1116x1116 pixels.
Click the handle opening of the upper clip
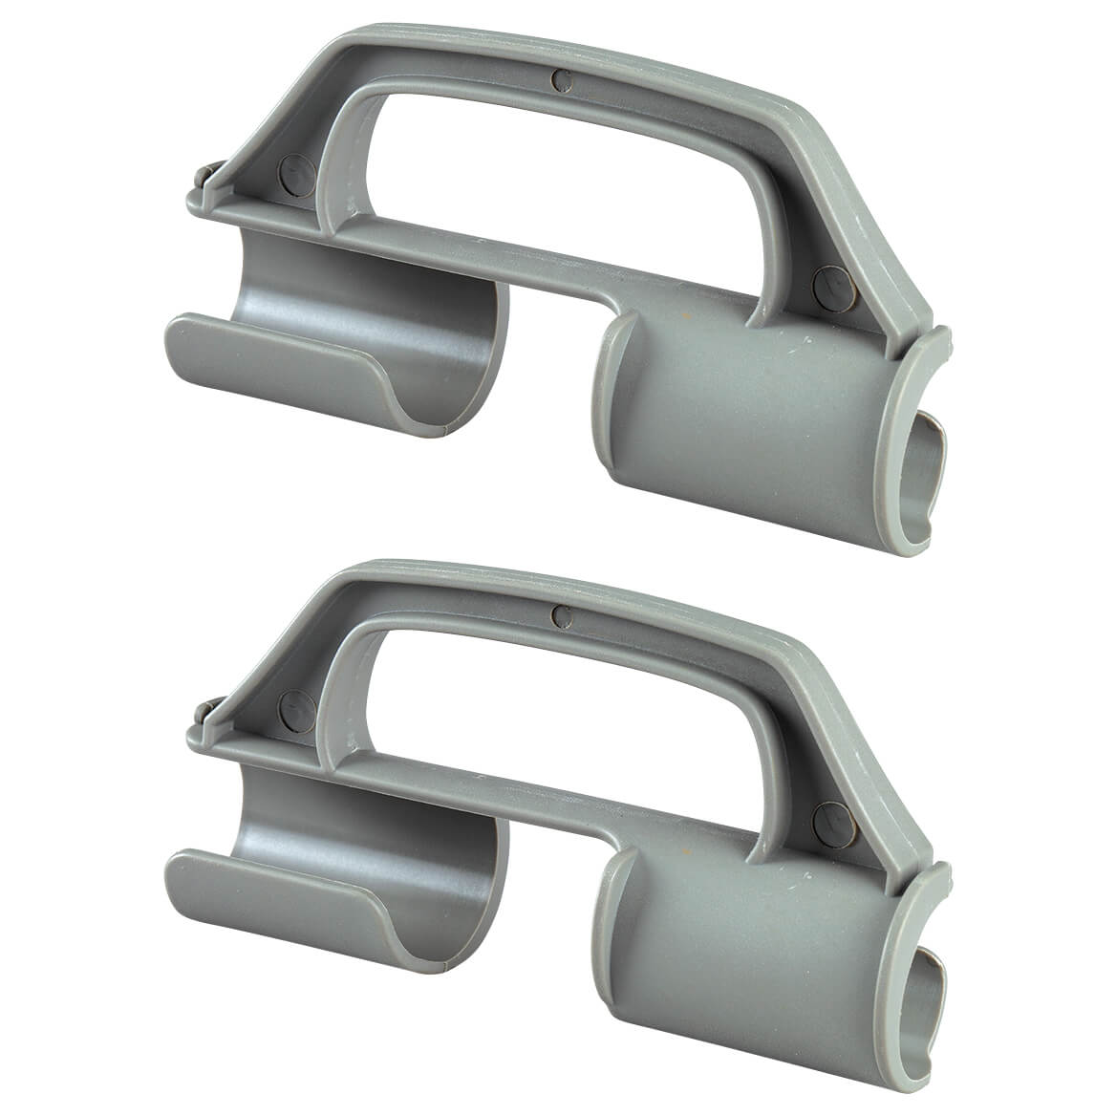[x=554, y=172]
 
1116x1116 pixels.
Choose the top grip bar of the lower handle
[x=573, y=592]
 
